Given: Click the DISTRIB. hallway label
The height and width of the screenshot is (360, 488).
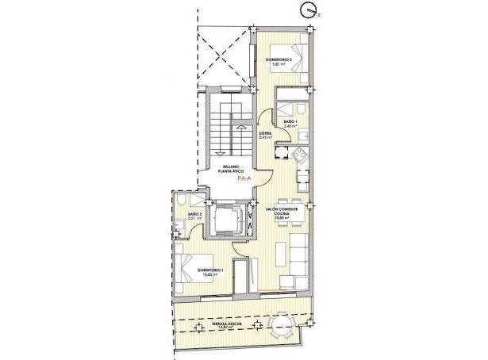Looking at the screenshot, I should (265, 135).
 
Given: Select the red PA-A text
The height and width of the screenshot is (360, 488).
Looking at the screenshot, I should (244, 179).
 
